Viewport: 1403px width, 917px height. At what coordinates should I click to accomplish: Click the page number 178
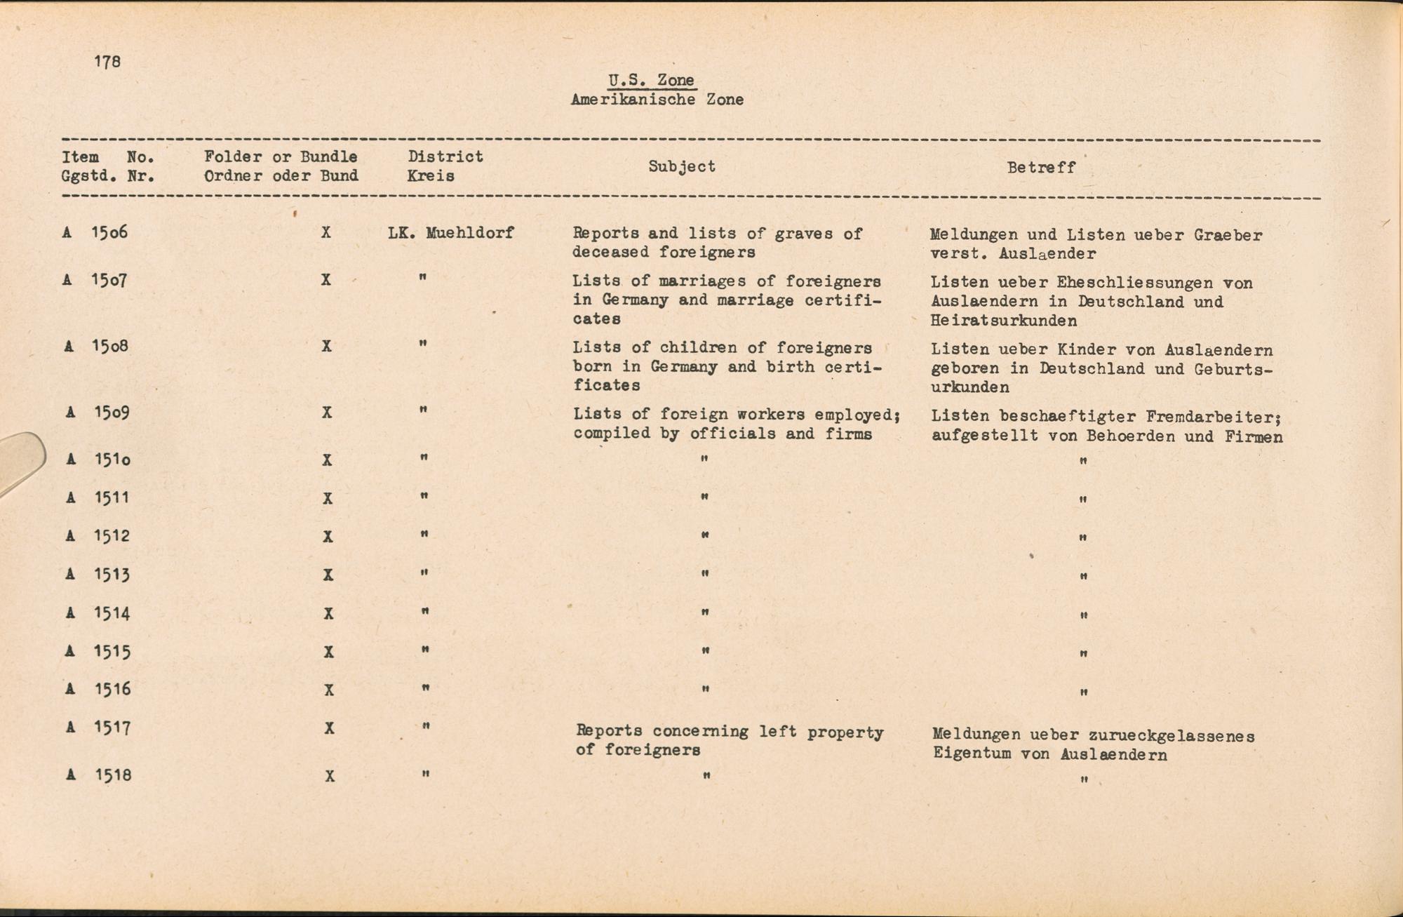coord(107,62)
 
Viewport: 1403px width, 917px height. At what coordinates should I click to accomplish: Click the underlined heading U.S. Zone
coord(652,81)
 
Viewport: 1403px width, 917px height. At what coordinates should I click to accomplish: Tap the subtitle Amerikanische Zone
coord(657,100)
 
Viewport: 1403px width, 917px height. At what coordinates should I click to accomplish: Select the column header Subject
coord(682,166)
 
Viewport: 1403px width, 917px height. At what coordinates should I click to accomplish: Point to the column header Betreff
coord(1041,168)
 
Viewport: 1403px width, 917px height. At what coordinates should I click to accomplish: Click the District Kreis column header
coord(445,166)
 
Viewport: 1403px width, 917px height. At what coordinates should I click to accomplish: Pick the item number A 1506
coord(95,232)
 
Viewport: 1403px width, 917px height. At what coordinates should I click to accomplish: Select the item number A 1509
coord(100,412)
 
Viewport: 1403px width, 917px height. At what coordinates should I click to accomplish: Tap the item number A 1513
coord(100,574)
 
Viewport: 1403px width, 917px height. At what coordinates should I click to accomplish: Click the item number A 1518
coord(100,775)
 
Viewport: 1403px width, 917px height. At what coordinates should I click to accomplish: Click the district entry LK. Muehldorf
coord(450,233)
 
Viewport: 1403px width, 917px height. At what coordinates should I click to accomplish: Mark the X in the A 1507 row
coord(326,280)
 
